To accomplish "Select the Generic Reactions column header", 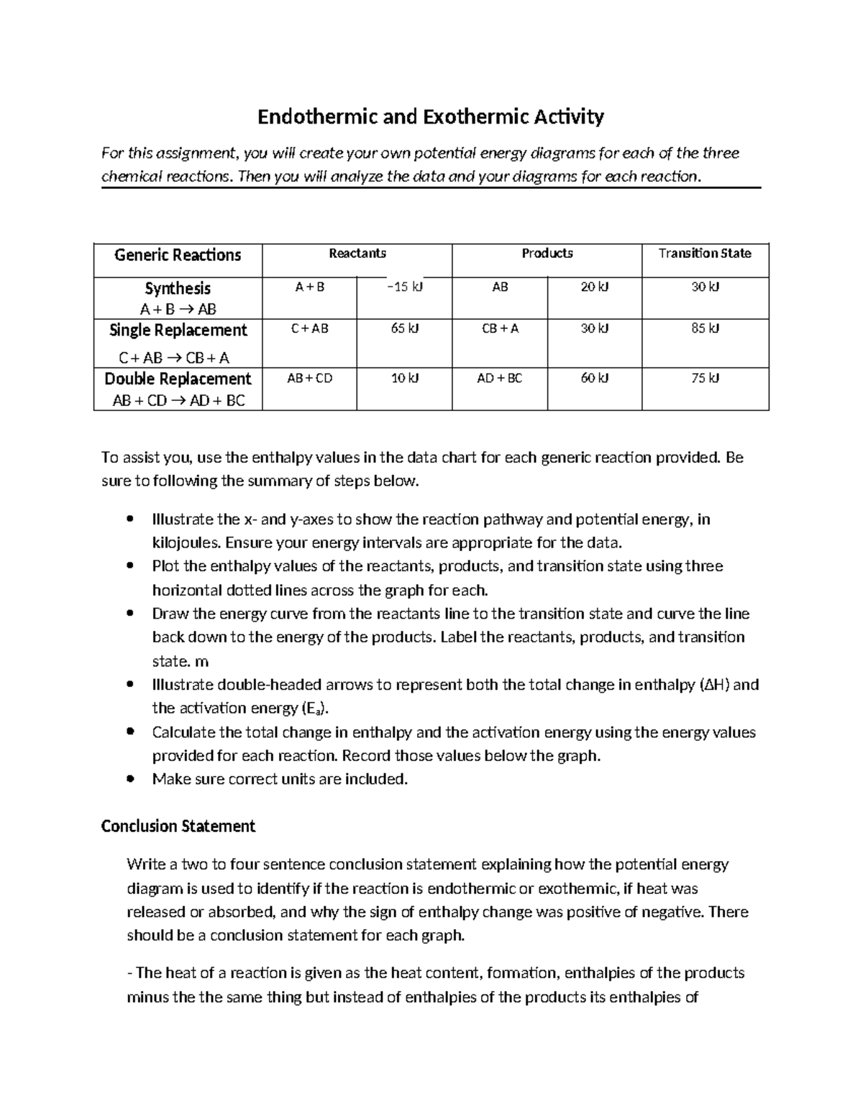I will click(x=178, y=255).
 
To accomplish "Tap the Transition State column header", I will click(x=705, y=253).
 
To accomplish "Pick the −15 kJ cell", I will click(x=404, y=287).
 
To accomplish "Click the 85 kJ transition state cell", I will click(x=705, y=329).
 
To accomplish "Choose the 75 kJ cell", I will click(x=705, y=379).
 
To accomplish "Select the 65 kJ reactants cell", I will click(x=404, y=329).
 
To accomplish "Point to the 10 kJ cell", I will click(x=404, y=379).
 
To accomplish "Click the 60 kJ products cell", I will click(x=594, y=379).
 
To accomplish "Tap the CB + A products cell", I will click(x=500, y=329).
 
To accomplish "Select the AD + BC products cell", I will click(x=500, y=379).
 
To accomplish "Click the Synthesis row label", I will click(x=178, y=289).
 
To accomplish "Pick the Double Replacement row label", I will click(x=178, y=379).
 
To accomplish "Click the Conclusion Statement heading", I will click(x=178, y=826).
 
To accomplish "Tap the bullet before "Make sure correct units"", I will click(x=129, y=779).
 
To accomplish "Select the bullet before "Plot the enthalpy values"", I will click(x=129, y=566).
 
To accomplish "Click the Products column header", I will click(x=547, y=253).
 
